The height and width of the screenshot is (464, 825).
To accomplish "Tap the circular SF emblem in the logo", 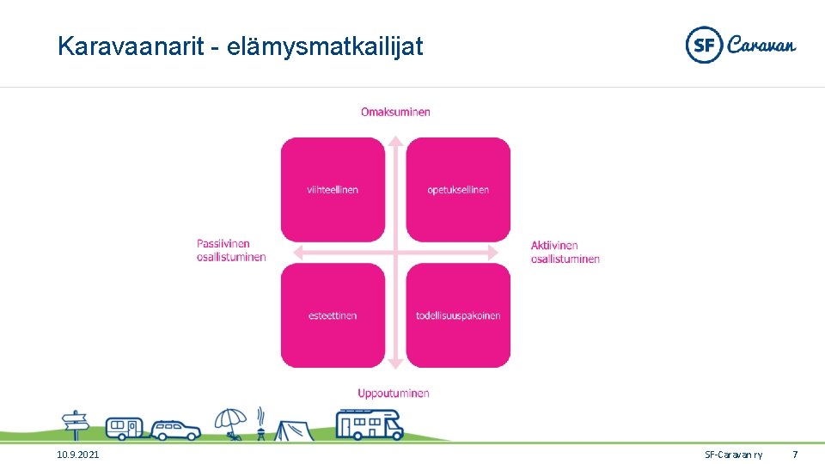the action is coord(704,45).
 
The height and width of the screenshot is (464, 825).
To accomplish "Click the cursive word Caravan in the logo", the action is coord(761,45).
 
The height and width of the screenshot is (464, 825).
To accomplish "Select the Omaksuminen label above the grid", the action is coord(395,112).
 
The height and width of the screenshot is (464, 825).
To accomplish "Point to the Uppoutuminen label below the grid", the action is coord(394,394).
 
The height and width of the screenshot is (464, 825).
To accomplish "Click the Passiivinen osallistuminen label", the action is coord(231,250).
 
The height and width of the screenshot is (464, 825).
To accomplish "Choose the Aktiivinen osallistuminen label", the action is coord(565,252).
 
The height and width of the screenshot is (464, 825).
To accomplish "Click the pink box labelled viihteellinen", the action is coord(333,189).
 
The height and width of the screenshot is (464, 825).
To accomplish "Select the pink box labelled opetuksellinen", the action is coord(458,189).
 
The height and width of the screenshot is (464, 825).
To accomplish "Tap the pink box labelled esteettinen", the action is coord(333,315).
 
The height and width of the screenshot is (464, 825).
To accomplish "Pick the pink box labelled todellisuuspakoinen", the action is coord(458,315).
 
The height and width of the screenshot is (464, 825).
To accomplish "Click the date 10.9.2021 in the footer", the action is coord(77,454).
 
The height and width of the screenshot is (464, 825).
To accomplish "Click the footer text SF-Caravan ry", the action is coord(733,454).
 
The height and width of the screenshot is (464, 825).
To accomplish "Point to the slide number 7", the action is coord(795,454).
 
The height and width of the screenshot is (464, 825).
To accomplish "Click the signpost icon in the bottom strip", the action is coord(76,424).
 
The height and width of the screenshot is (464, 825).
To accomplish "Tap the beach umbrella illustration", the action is coord(230,424).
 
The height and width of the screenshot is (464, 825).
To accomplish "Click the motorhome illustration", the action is coord(369,424).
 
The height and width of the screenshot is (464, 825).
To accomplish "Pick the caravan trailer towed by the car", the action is coord(125,426).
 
